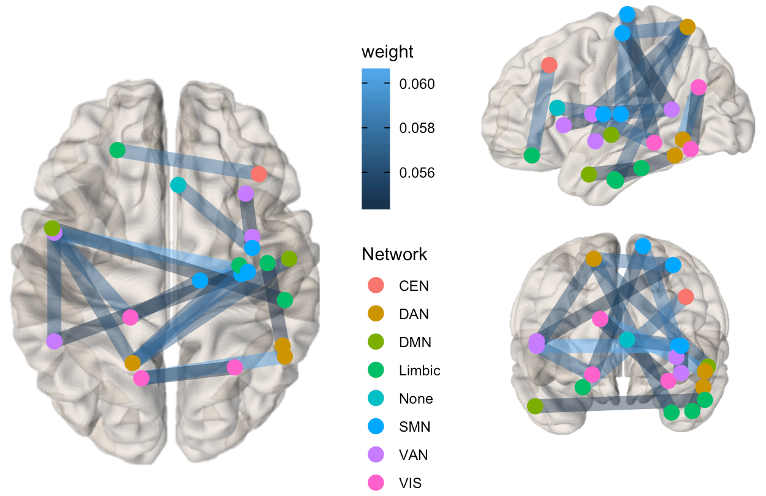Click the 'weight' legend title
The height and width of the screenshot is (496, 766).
(x=387, y=52)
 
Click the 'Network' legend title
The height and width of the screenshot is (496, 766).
(x=394, y=254)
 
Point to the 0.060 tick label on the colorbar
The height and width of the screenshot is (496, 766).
(x=417, y=84)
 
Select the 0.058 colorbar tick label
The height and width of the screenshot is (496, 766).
(x=417, y=128)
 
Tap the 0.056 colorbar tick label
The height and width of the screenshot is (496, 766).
(x=417, y=173)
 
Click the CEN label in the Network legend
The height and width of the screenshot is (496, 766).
(x=414, y=286)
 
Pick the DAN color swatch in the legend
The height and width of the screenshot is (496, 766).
(x=376, y=314)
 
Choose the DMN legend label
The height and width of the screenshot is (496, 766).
(x=415, y=342)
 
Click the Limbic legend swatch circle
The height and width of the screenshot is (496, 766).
(x=376, y=370)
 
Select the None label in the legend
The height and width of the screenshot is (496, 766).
(x=416, y=399)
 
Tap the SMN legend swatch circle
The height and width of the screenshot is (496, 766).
(x=376, y=426)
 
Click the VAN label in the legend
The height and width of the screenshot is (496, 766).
(x=414, y=455)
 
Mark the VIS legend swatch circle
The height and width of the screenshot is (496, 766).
(x=376, y=483)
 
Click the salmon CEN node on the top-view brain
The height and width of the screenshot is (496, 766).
(x=259, y=174)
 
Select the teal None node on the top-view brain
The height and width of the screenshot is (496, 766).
(x=178, y=185)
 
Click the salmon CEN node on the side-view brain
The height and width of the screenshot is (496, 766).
(x=549, y=65)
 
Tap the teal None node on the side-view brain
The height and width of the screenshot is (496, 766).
(x=557, y=108)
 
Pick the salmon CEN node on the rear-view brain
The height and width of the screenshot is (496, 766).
(x=686, y=296)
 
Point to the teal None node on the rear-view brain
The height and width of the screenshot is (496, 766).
(x=627, y=340)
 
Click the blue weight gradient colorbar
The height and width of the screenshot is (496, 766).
(x=376, y=138)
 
